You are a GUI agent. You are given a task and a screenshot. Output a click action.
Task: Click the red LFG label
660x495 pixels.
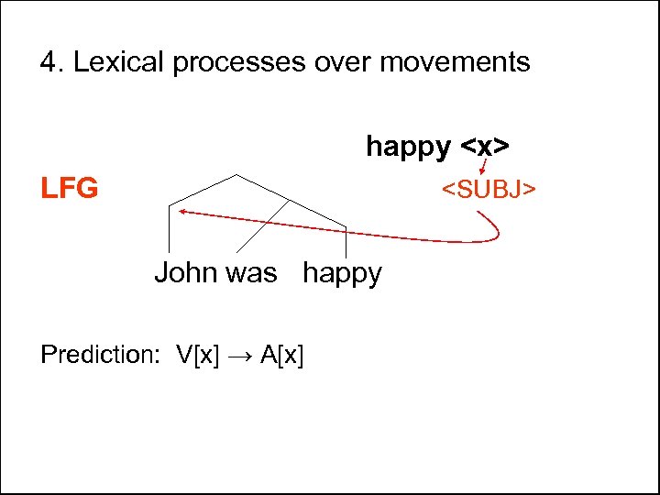pos(69,189)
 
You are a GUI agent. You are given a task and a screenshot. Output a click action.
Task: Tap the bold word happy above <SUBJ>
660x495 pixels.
pos(408,146)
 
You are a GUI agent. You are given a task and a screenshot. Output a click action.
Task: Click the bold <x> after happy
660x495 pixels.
pos(485,146)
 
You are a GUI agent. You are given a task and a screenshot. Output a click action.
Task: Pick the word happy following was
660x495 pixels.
pos(342,274)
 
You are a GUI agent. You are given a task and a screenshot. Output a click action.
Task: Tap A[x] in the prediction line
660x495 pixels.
pos(282,355)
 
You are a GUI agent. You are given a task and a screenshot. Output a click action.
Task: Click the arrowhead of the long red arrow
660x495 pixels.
pos(182,212)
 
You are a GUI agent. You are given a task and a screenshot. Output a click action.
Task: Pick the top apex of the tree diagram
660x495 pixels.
pos(236,174)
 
